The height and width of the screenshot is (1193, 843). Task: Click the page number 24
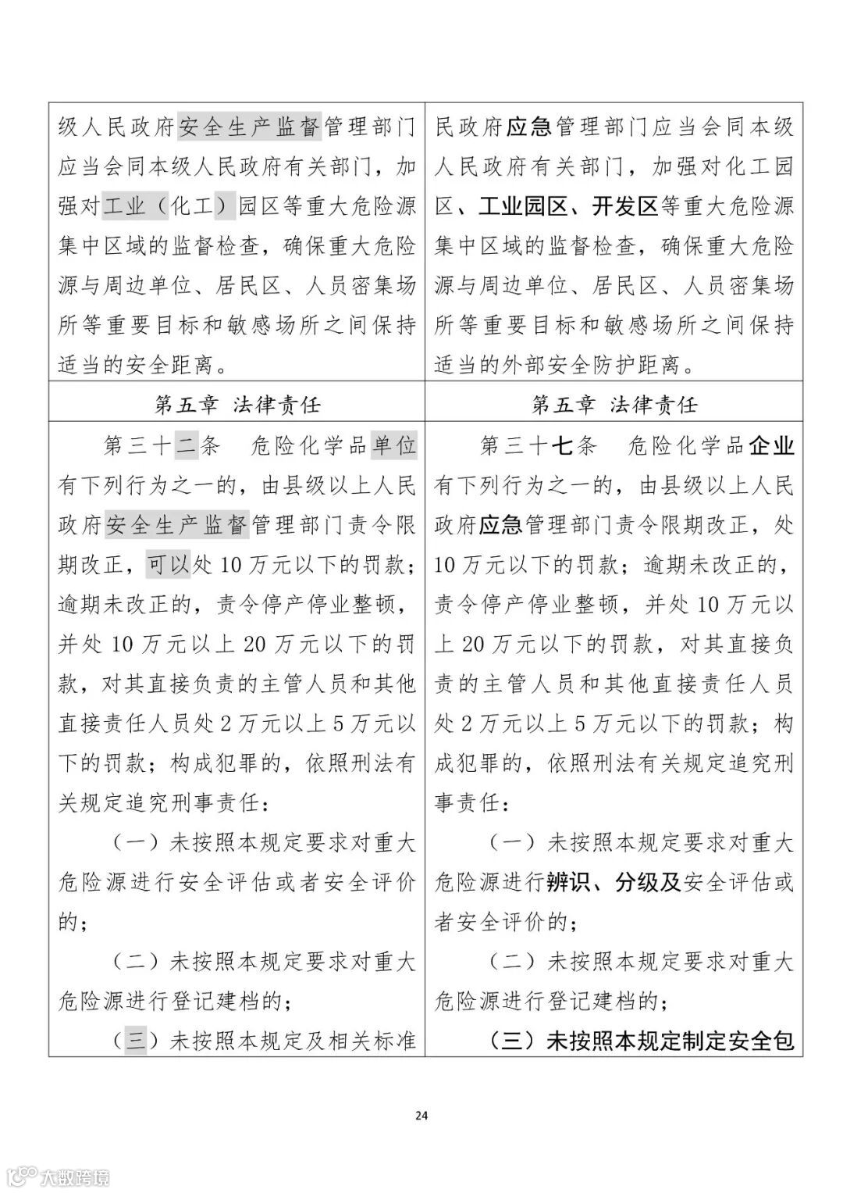(421, 1115)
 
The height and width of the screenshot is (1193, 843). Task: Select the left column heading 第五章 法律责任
(237, 404)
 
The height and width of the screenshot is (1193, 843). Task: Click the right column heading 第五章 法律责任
(614, 404)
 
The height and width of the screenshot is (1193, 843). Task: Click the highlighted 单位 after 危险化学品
(393, 445)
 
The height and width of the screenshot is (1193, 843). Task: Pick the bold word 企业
(771, 445)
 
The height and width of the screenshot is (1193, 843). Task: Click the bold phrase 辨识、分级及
(614, 882)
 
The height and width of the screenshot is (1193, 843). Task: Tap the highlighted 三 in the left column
(136, 1041)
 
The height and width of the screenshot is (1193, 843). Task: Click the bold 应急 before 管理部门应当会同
(529, 127)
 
